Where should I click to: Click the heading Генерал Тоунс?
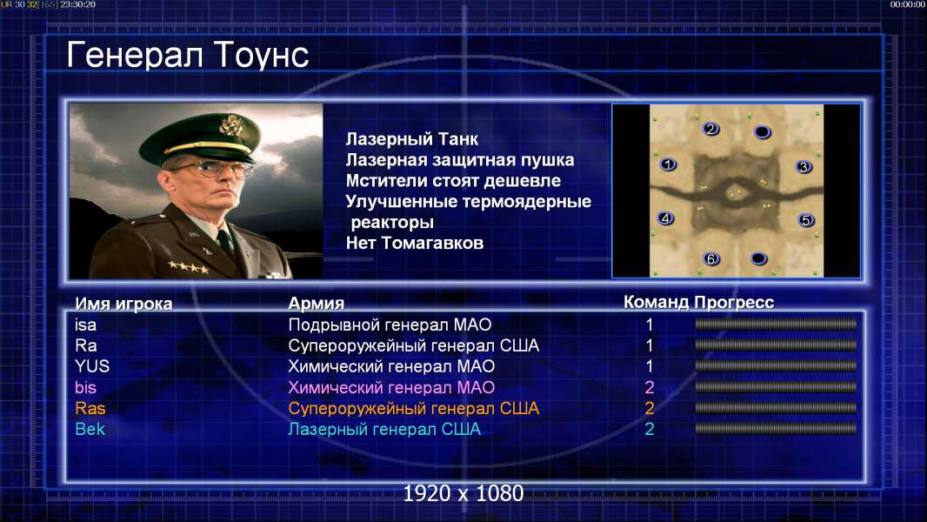(188, 55)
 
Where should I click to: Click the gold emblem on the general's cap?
(230, 125)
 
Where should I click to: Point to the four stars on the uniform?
(189, 267)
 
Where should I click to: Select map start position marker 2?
(710, 129)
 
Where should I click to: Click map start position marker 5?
(805, 220)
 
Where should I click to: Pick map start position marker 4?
(666, 218)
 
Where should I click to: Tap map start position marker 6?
(711, 258)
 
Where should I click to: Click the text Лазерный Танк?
(412, 139)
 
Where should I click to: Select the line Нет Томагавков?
(415, 243)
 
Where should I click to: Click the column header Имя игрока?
(123, 304)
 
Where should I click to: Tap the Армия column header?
(317, 304)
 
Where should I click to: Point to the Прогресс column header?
(734, 302)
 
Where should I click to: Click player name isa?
(86, 325)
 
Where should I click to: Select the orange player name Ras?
(90, 409)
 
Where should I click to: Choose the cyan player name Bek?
(90, 429)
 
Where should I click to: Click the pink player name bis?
(86, 388)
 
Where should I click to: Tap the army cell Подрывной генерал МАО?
(390, 325)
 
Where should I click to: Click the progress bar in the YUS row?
(776, 366)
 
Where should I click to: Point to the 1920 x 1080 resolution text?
(463, 493)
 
